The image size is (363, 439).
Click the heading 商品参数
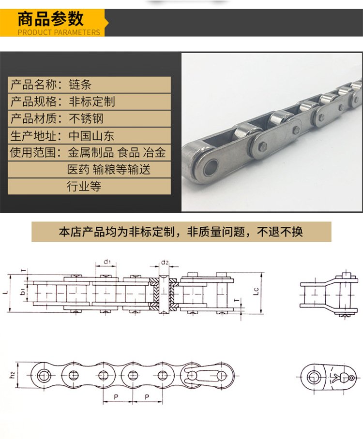[50, 19]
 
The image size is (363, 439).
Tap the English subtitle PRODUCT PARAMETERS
[59, 32]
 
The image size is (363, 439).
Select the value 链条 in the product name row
[80, 85]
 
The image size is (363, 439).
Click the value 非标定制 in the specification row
[92, 102]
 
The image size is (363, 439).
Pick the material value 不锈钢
[86, 118]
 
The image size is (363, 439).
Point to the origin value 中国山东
[91, 136]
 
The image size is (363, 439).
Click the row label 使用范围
[32, 153]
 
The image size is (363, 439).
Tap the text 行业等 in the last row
[84, 186]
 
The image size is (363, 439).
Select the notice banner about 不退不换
[181, 232]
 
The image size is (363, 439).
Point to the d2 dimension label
[165, 263]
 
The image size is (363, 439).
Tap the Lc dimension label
[256, 291]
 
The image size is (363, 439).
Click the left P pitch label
[116, 397]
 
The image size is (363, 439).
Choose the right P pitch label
[147, 397]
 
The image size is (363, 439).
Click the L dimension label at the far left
[6, 293]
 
